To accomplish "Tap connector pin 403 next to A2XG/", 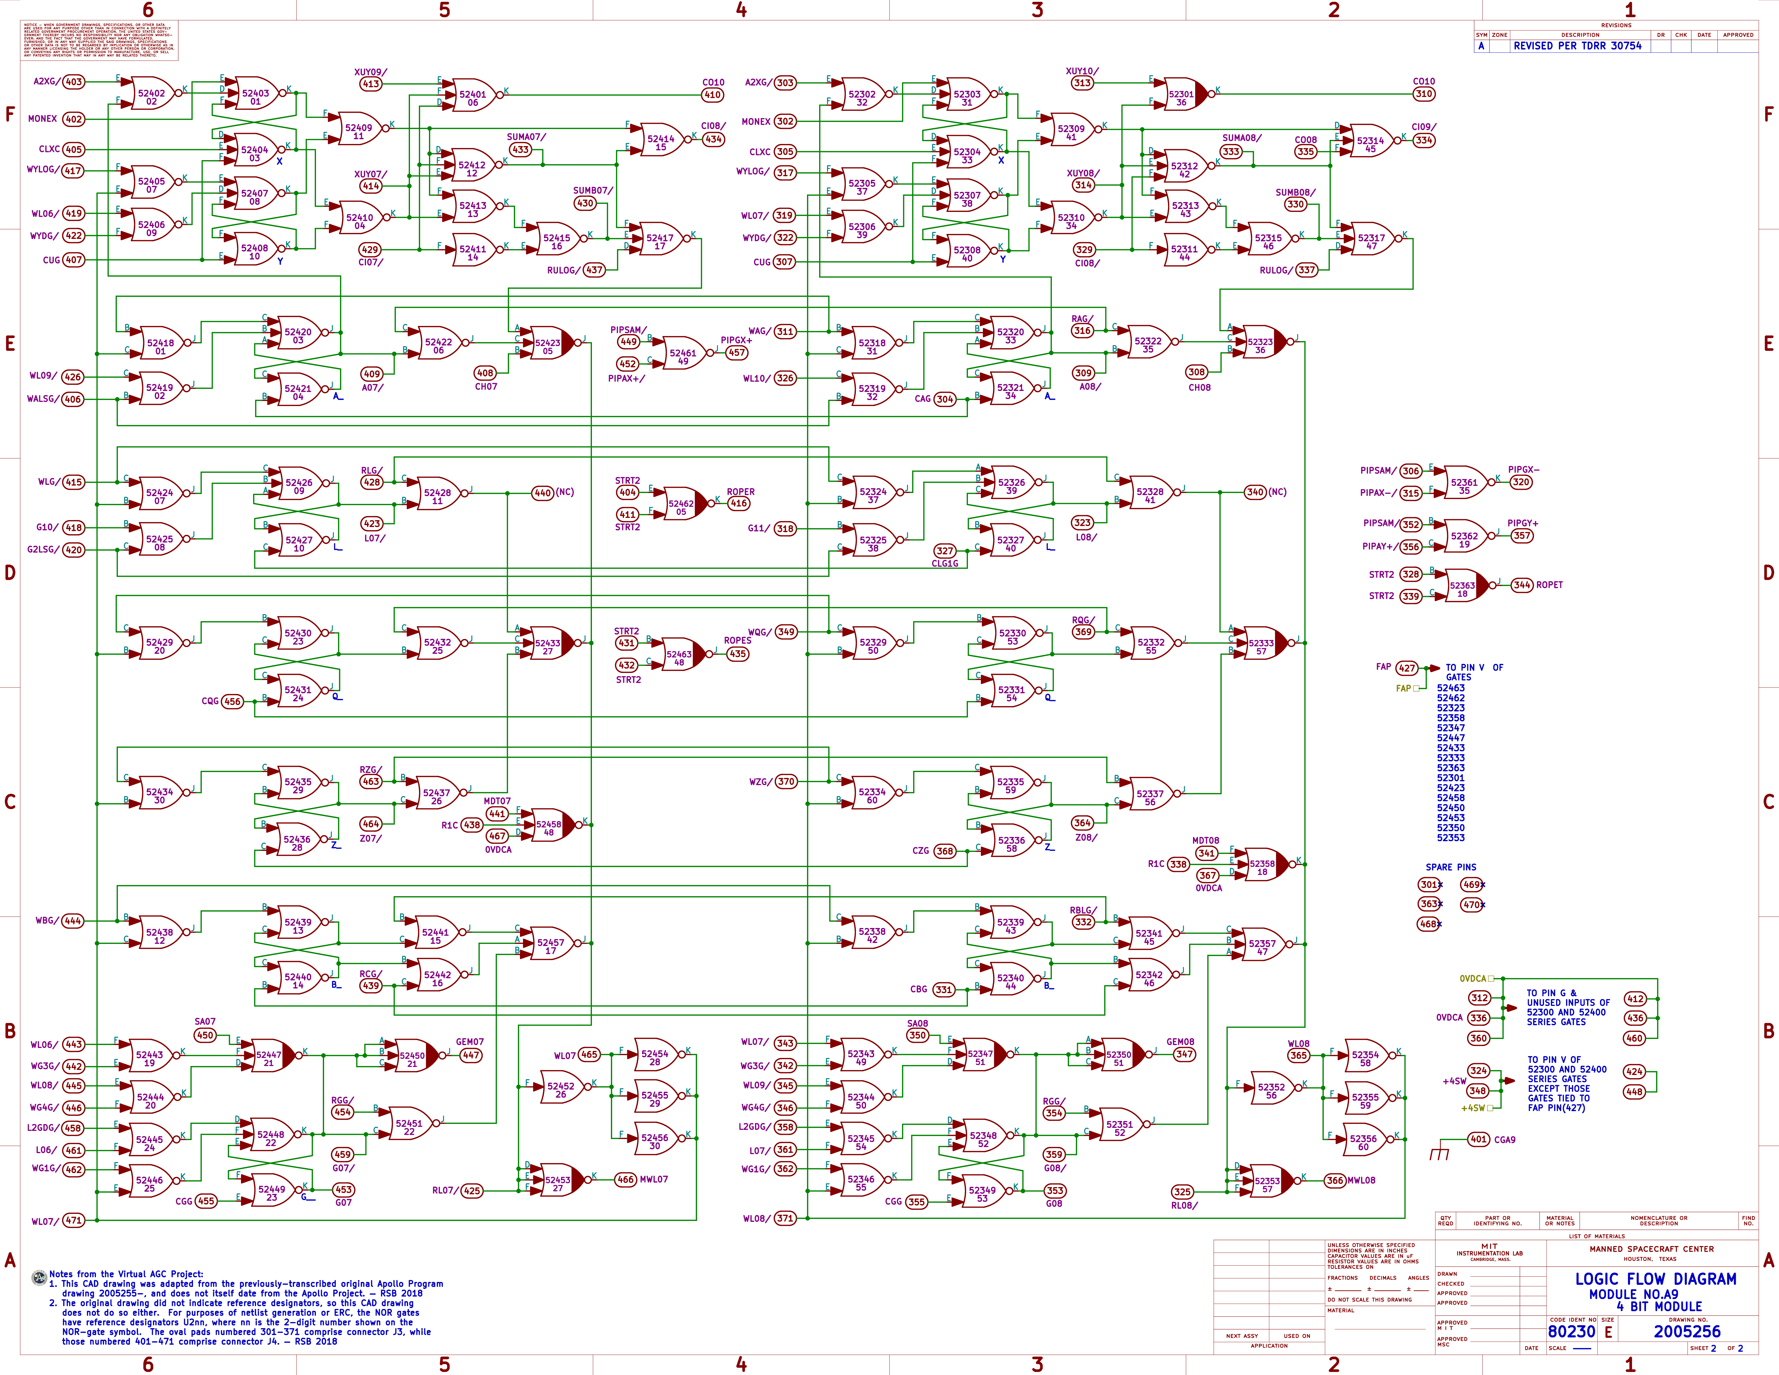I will pos(73,81).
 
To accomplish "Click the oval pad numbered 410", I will pos(713,94).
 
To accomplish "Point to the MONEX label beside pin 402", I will pos(42,119).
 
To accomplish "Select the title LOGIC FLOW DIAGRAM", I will pos(1655,1279).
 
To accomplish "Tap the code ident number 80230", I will pos(1571,1331).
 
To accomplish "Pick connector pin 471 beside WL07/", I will pos(73,1220).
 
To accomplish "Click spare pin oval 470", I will pos(1471,904).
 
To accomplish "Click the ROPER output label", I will pos(740,492).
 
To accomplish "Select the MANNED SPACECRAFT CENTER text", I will pos(1651,1249).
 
